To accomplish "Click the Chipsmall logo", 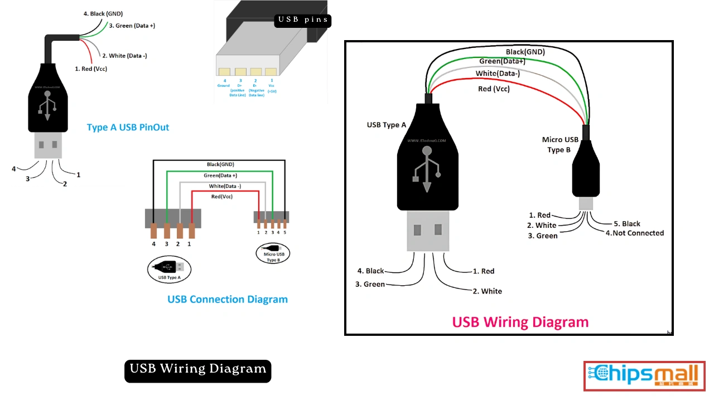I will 644,376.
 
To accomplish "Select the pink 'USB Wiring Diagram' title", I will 520,322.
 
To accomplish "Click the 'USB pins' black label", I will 303,21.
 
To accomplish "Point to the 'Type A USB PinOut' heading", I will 128,128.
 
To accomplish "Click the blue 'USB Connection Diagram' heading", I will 228,300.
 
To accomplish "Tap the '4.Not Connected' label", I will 635,233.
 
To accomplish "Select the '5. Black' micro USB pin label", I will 627,224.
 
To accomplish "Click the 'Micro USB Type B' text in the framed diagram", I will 560,145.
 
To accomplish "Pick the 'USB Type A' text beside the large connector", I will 387,125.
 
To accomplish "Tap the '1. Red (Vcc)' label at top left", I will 91,69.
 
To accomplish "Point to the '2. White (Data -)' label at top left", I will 124,56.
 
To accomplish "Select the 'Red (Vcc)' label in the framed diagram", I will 494,89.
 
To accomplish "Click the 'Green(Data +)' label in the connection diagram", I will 220,175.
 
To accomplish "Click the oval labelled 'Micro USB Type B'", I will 273,254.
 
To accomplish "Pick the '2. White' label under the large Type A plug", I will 487,291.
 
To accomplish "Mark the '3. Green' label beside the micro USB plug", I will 543,236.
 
